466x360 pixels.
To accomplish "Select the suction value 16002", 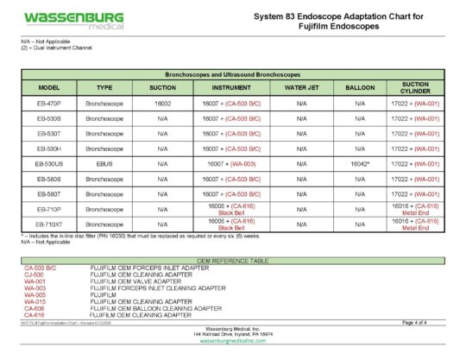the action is [x=162, y=103].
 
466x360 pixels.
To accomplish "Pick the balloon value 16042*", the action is [x=360, y=162].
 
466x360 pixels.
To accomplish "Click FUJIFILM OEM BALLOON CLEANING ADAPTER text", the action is [x=155, y=308].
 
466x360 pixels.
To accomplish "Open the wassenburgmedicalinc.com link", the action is [x=232, y=342].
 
